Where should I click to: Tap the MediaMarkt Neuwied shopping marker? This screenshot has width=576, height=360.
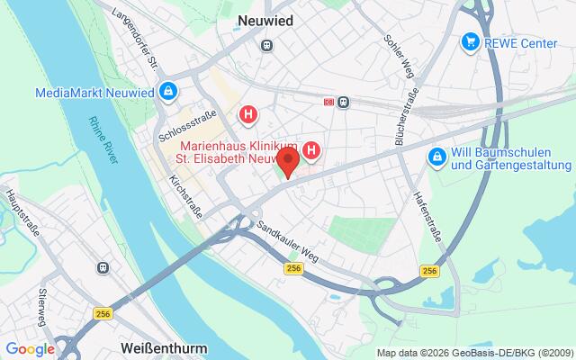coord(167,92)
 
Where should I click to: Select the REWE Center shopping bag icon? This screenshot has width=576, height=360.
coord(469,41)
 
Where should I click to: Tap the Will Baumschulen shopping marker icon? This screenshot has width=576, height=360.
coord(436,157)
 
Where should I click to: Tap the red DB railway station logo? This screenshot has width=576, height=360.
coord(328,102)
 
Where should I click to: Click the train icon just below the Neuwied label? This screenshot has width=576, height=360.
coord(266,45)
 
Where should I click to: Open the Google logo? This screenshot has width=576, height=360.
coord(30,349)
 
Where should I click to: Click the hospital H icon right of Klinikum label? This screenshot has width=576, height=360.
coord(312,149)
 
